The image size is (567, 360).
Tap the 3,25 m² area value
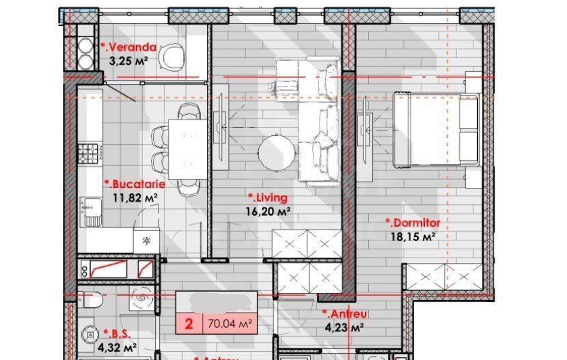pyautogui.click(x=129, y=60)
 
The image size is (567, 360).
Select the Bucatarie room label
pyautogui.click(x=133, y=184)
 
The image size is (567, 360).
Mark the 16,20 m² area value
pyautogui.click(x=269, y=211)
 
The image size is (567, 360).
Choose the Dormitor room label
pyautogui.click(x=413, y=223)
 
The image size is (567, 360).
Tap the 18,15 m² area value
pyautogui.click(x=413, y=236)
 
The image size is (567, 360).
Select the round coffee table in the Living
pyautogui.click(x=276, y=150)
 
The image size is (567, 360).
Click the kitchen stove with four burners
pyautogui.click(x=89, y=152)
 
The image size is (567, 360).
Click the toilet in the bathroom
pyautogui.click(x=89, y=300)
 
